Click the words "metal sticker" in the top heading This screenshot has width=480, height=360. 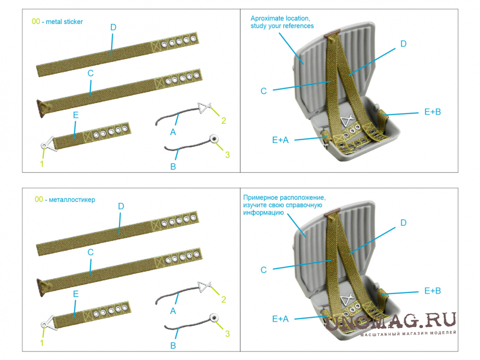(x=64, y=22)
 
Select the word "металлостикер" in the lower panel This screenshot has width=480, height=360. (x=72, y=200)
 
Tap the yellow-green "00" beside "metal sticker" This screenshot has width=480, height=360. (x=36, y=22)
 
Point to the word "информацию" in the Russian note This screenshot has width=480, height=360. (x=264, y=212)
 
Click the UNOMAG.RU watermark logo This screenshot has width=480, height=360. (x=391, y=321)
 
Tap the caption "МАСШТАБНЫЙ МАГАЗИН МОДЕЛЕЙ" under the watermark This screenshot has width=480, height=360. (x=408, y=334)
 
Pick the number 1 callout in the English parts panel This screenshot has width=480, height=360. (x=42, y=164)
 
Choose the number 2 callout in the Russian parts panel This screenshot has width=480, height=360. (x=224, y=299)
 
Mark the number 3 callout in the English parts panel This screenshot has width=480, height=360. (x=227, y=155)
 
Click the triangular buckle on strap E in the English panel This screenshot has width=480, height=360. (x=48, y=144)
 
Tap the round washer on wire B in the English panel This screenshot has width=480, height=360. (x=214, y=139)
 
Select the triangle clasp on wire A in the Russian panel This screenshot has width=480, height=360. (x=204, y=287)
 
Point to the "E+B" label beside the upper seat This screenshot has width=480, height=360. (x=432, y=112)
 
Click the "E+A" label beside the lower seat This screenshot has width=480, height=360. (x=280, y=319)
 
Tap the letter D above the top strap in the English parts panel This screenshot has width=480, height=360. (x=113, y=27)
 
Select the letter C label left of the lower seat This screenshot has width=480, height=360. (x=264, y=270)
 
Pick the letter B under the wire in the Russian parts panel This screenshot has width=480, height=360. (x=173, y=345)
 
